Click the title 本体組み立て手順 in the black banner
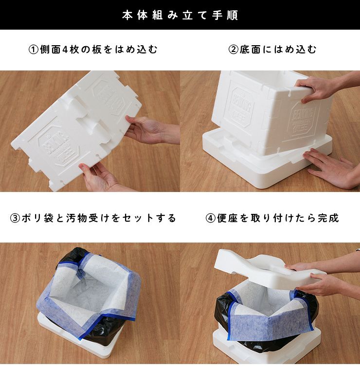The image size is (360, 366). (x=180, y=15)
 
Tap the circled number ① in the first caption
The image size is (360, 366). (x=34, y=50)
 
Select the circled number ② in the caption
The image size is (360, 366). (x=233, y=50)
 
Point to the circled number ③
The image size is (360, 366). (x=15, y=218)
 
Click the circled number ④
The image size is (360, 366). (x=210, y=218)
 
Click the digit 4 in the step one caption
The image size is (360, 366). (x=65, y=50)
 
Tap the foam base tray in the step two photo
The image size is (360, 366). (x=266, y=161)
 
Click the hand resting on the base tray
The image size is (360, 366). (x=332, y=168)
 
